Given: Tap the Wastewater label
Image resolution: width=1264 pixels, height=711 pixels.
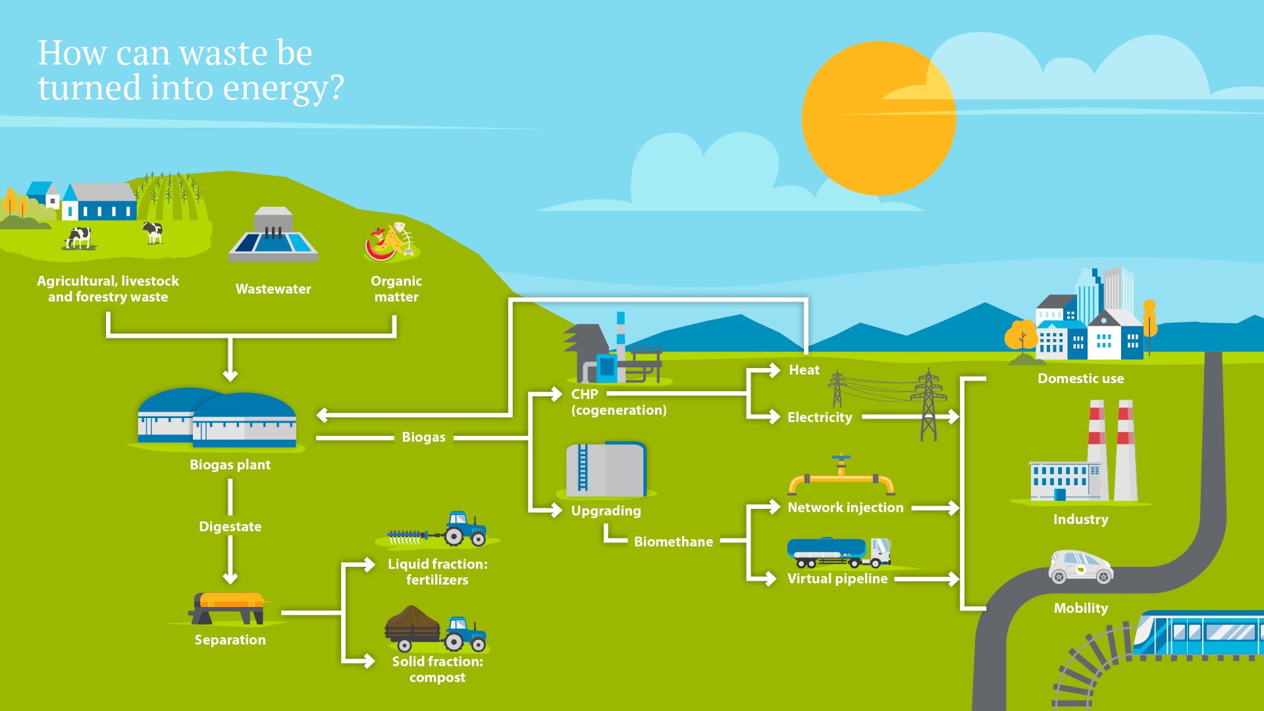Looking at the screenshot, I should coord(273,289).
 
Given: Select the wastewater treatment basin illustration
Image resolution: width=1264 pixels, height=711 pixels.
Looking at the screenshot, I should coord(273,237).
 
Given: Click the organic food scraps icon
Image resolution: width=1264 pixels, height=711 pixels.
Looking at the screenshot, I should coord(392,242).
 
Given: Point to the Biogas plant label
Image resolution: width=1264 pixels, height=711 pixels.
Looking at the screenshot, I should coord(230,465).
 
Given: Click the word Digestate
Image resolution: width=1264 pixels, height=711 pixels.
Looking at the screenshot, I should coord(230,527).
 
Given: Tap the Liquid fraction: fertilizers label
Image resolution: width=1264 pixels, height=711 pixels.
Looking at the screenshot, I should coord(437,571).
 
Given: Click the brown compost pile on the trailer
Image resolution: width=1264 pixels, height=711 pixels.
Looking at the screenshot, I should coord(412,619).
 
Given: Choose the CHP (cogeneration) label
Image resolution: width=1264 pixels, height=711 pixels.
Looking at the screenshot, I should coord(618,402).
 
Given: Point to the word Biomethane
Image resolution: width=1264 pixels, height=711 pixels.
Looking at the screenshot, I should coord(673,542).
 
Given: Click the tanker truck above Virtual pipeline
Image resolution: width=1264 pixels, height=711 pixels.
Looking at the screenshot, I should coord(838,552).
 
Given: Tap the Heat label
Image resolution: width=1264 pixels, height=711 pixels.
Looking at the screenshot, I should coord(804,370).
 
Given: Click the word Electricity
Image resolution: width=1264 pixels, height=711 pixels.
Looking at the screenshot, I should coord(820,417).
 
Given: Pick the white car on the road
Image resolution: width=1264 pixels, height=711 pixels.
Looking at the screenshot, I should coord(1080,567).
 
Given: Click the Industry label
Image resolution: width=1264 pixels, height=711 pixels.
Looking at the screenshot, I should coord(1080,519).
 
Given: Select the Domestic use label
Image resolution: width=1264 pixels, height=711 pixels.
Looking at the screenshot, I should coord(1080,379).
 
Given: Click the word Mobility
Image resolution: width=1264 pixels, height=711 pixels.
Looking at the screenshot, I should coord(1080,608).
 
